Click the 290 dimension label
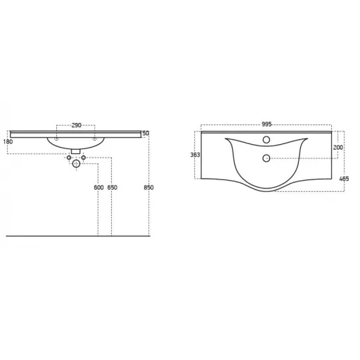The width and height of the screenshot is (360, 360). point(77,125)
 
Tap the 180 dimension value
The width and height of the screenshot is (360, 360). point(8,141)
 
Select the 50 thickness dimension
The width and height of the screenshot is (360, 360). point(146,133)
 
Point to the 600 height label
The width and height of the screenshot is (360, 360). point(98,188)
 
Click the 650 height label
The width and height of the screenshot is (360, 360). point(112,188)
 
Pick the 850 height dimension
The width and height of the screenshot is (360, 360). point(148,188)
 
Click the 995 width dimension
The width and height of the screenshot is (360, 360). point(266,124)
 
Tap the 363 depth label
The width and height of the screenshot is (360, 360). point(195,155)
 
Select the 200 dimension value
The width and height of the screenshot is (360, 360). point(338,148)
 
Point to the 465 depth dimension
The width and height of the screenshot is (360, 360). point(344,179)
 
